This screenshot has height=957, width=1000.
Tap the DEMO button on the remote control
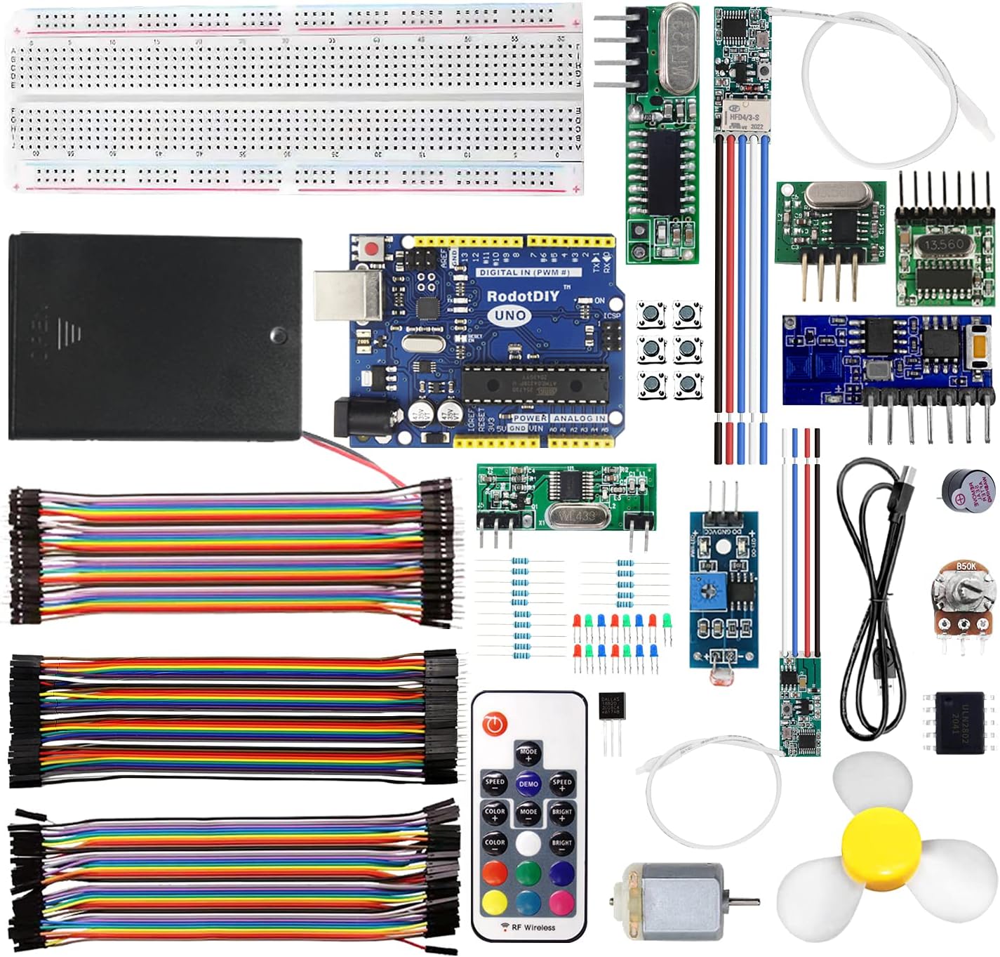coord(528,784)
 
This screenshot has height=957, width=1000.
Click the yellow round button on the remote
coord(495,902)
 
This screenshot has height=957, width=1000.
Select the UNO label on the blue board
coord(510,315)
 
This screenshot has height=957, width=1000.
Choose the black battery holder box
coord(154,337)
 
